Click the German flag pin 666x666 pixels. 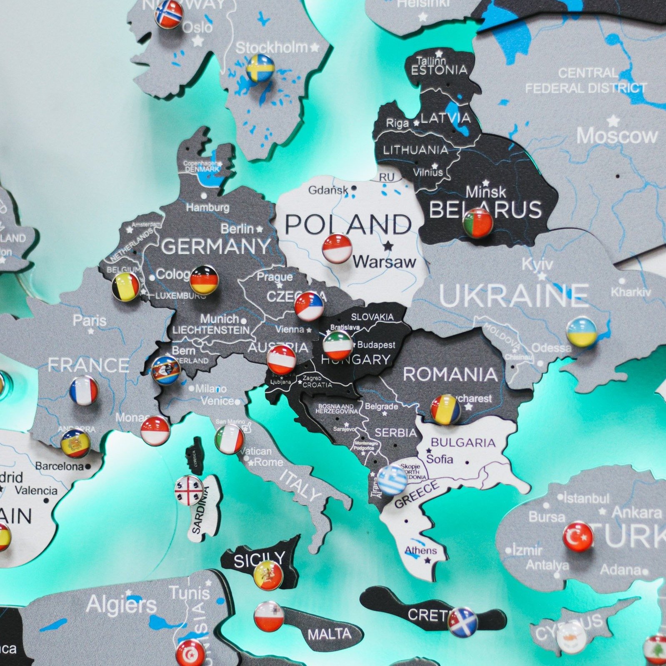tap(204, 279)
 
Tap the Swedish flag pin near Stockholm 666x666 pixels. tap(260, 68)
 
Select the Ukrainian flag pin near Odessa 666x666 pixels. tap(581, 332)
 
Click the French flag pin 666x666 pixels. tap(84, 391)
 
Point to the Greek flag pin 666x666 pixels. tap(392, 480)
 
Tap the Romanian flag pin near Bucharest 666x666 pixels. tap(445, 409)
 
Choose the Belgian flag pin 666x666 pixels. tap(126, 287)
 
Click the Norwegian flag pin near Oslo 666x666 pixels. tap(169, 14)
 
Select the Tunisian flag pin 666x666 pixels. tap(190, 653)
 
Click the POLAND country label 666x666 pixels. tap(348, 225)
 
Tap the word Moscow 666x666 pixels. tap(617, 136)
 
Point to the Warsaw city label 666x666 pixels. tap(384, 262)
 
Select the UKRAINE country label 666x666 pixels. tap(513, 295)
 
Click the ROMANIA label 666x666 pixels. tap(450, 374)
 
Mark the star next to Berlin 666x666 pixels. tap(260, 229)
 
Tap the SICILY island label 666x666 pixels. tap(259, 559)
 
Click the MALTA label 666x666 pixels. tap(329, 634)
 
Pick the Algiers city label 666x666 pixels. tap(121, 604)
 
